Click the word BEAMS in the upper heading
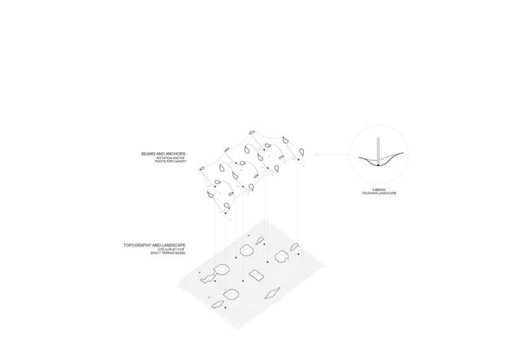pyautogui.click(x=148, y=153)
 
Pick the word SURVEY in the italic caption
pyautogui.click(x=172, y=250)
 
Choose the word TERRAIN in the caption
pyautogui.click(x=169, y=253)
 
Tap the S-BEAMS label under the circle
pyautogui.click(x=379, y=190)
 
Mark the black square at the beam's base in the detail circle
pyautogui.click(x=378, y=165)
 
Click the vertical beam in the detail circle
pyautogui.click(x=378, y=151)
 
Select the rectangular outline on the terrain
pyautogui.click(x=256, y=275)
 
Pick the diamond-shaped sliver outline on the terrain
pyautogui.click(x=272, y=293)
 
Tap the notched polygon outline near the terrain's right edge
pyautogui.click(x=282, y=256)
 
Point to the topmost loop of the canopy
pyautogui.click(x=251, y=132)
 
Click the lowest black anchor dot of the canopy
pyautogui.click(x=225, y=213)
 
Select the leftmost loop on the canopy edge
pyautogui.click(x=202, y=169)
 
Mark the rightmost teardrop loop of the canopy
pyautogui.click(x=301, y=152)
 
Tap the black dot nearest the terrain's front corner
pyautogui.click(x=225, y=307)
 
